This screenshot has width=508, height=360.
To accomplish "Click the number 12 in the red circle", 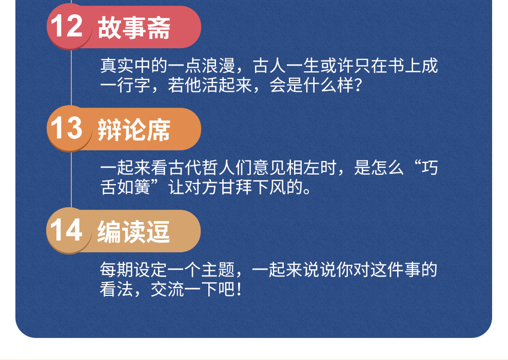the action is pyautogui.click(x=67, y=26).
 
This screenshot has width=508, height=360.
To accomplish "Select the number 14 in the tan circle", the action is pyautogui.click(x=66, y=230).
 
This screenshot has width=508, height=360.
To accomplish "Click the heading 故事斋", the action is pyautogui.click(x=134, y=28).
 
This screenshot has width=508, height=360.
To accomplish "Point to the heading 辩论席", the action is pyautogui.click(x=134, y=130).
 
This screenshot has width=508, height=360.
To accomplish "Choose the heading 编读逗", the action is pyautogui.click(x=133, y=232).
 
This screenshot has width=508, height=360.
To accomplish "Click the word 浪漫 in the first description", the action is pyautogui.click(x=219, y=66).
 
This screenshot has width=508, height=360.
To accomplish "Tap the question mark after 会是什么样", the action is pyautogui.click(x=358, y=85).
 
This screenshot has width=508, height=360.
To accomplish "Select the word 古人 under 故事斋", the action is pyautogui.click(x=269, y=66).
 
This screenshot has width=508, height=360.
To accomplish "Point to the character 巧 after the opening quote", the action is pyautogui.click(x=429, y=168).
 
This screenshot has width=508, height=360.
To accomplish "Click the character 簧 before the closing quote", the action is pyautogui.click(x=142, y=187).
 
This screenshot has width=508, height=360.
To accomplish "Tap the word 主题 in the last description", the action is pyautogui.click(x=219, y=270).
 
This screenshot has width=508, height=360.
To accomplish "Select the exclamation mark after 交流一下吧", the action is pyautogui.click(x=239, y=289).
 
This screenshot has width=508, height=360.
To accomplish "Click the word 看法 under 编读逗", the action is pyautogui.click(x=116, y=289).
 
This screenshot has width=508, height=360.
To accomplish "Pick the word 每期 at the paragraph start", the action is pyautogui.click(x=116, y=270).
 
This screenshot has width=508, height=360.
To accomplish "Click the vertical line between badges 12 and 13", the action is pyautogui.click(x=71, y=78).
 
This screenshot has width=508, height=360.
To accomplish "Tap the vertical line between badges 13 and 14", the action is pyautogui.click(x=71, y=179).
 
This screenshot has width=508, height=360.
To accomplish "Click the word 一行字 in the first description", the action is pyautogui.click(x=125, y=85).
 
